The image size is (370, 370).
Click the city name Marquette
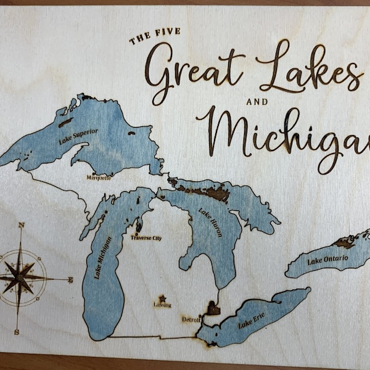point(99,178)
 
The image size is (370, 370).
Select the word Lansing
point(162,305)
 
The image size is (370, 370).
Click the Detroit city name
point(191,319)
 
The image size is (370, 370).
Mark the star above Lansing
point(162,297)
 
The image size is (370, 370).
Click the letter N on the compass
point(21,225)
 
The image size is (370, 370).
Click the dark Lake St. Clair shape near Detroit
point(213,307)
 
